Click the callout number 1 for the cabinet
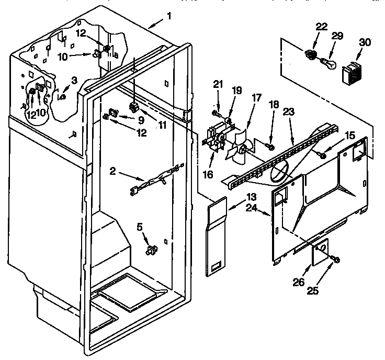pyautogui.click(x=169, y=16)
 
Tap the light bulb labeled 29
pyautogui.click(x=326, y=62)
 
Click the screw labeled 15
pyautogui.click(x=323, y=154)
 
